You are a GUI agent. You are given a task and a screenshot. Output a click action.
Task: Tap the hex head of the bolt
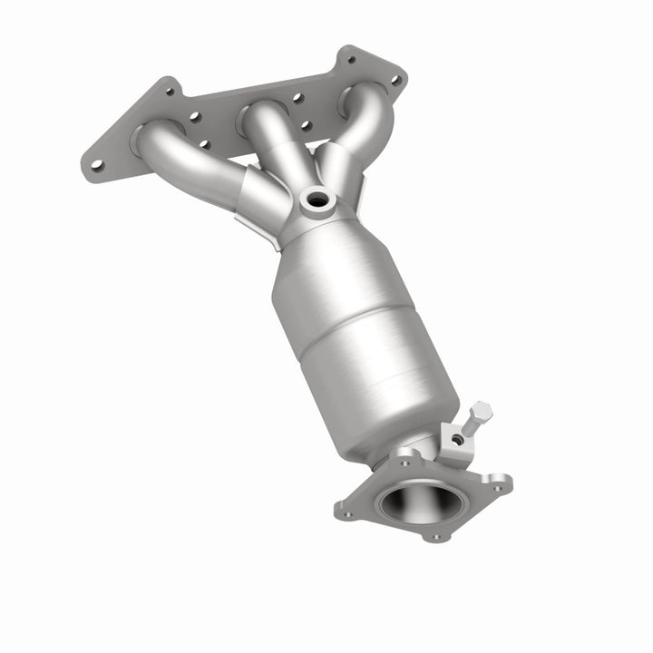point(482,413)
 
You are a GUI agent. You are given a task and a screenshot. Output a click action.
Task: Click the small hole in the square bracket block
point(458,440)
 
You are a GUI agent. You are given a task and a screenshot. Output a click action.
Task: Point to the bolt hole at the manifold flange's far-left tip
point(96,165)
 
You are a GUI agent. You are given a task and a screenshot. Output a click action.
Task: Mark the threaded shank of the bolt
point(471,424)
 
